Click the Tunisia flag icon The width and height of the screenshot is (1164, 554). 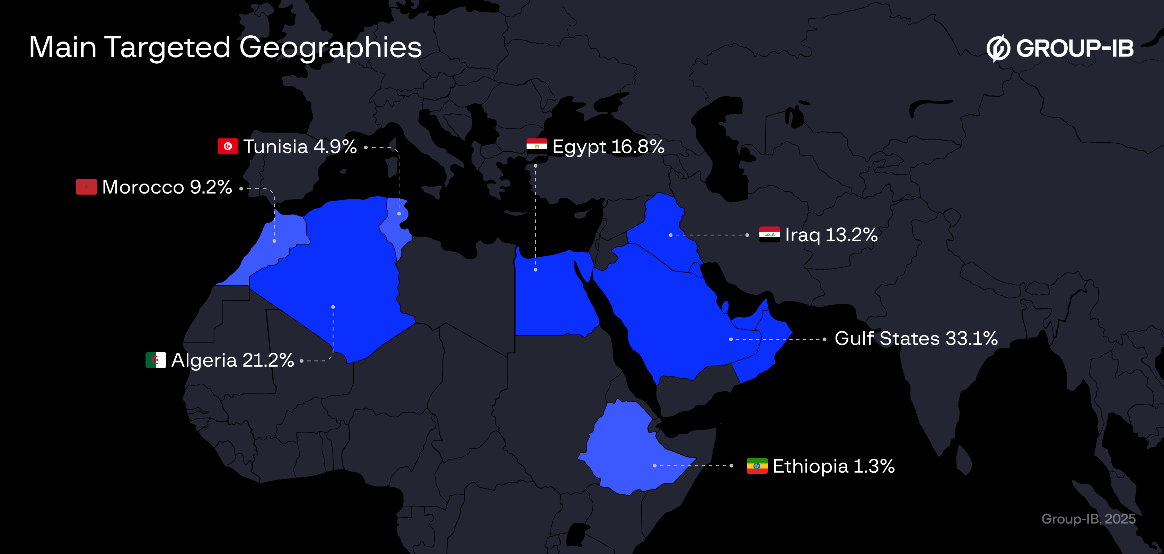tap(228, 146)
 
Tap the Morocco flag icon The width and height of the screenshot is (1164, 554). tap(86, 187)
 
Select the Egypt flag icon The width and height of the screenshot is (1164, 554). tap(537, 146)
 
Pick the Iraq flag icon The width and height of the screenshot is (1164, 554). tap(769, 234)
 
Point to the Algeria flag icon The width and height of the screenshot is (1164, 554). tap(156, 360)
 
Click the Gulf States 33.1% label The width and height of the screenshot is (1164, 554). tap(916, 338)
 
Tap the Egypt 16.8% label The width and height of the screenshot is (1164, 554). tap(608, 147)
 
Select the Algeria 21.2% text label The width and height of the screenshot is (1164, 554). tap(233, 360)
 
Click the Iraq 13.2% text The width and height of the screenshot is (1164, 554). tap(831, 235)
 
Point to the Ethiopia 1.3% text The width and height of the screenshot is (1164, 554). tap(834, 466)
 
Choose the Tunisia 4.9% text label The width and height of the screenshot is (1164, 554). tap(300, 147)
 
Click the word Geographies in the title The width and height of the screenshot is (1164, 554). tap(330, 47)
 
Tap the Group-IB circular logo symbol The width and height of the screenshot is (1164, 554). tap(998, 48)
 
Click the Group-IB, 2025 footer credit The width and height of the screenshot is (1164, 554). tap(1088, 519)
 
